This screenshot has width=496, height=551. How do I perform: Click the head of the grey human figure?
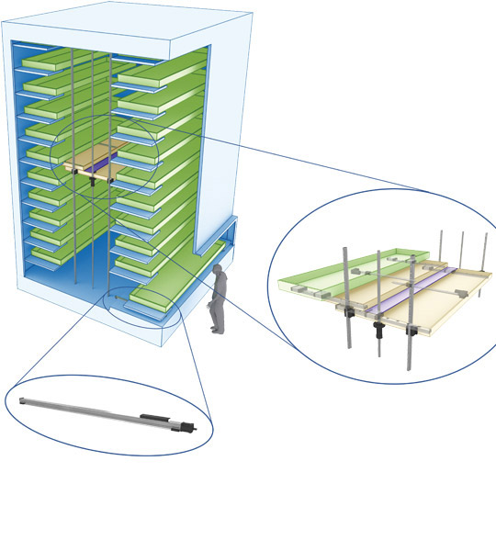tap(218, 270)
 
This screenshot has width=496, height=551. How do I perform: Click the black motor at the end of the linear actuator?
tap(187, 426)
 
